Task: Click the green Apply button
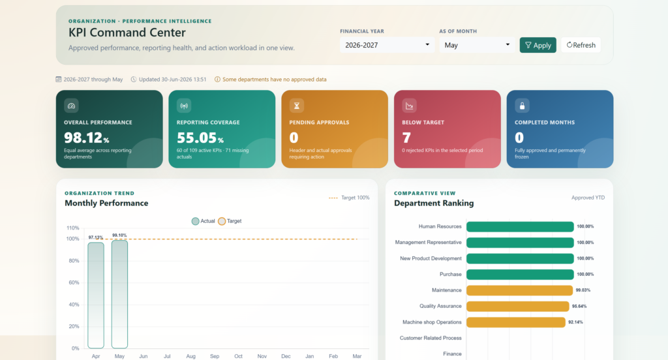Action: (x=538, y=45)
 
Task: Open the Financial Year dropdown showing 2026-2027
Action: (x=387, y=45)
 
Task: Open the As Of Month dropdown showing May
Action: (x=477, y=45)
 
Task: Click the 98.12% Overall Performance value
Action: (x=87, y=138)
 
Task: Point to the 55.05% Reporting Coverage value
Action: (x=200, y=138)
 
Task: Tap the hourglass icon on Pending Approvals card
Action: (x=297, y=106)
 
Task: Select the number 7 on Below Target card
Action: (x=406, y=138)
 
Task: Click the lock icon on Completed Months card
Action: (x=522, y=106)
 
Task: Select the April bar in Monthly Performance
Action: (x=96, y=295)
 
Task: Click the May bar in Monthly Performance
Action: (x=120, y=294)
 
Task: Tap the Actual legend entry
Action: (x=204, y=221)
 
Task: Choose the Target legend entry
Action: (x=230, y=221)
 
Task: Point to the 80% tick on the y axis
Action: (x=74, y=261)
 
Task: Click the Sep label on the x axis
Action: (x=214, y=356)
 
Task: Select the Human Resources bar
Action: (x=520, y=227)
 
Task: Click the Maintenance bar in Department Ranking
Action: (x=520, y=290)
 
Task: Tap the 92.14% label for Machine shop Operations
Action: (x=575, y=322)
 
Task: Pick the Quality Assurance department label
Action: (x=440, y=306)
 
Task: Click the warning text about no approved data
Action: (x=275, y=80)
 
